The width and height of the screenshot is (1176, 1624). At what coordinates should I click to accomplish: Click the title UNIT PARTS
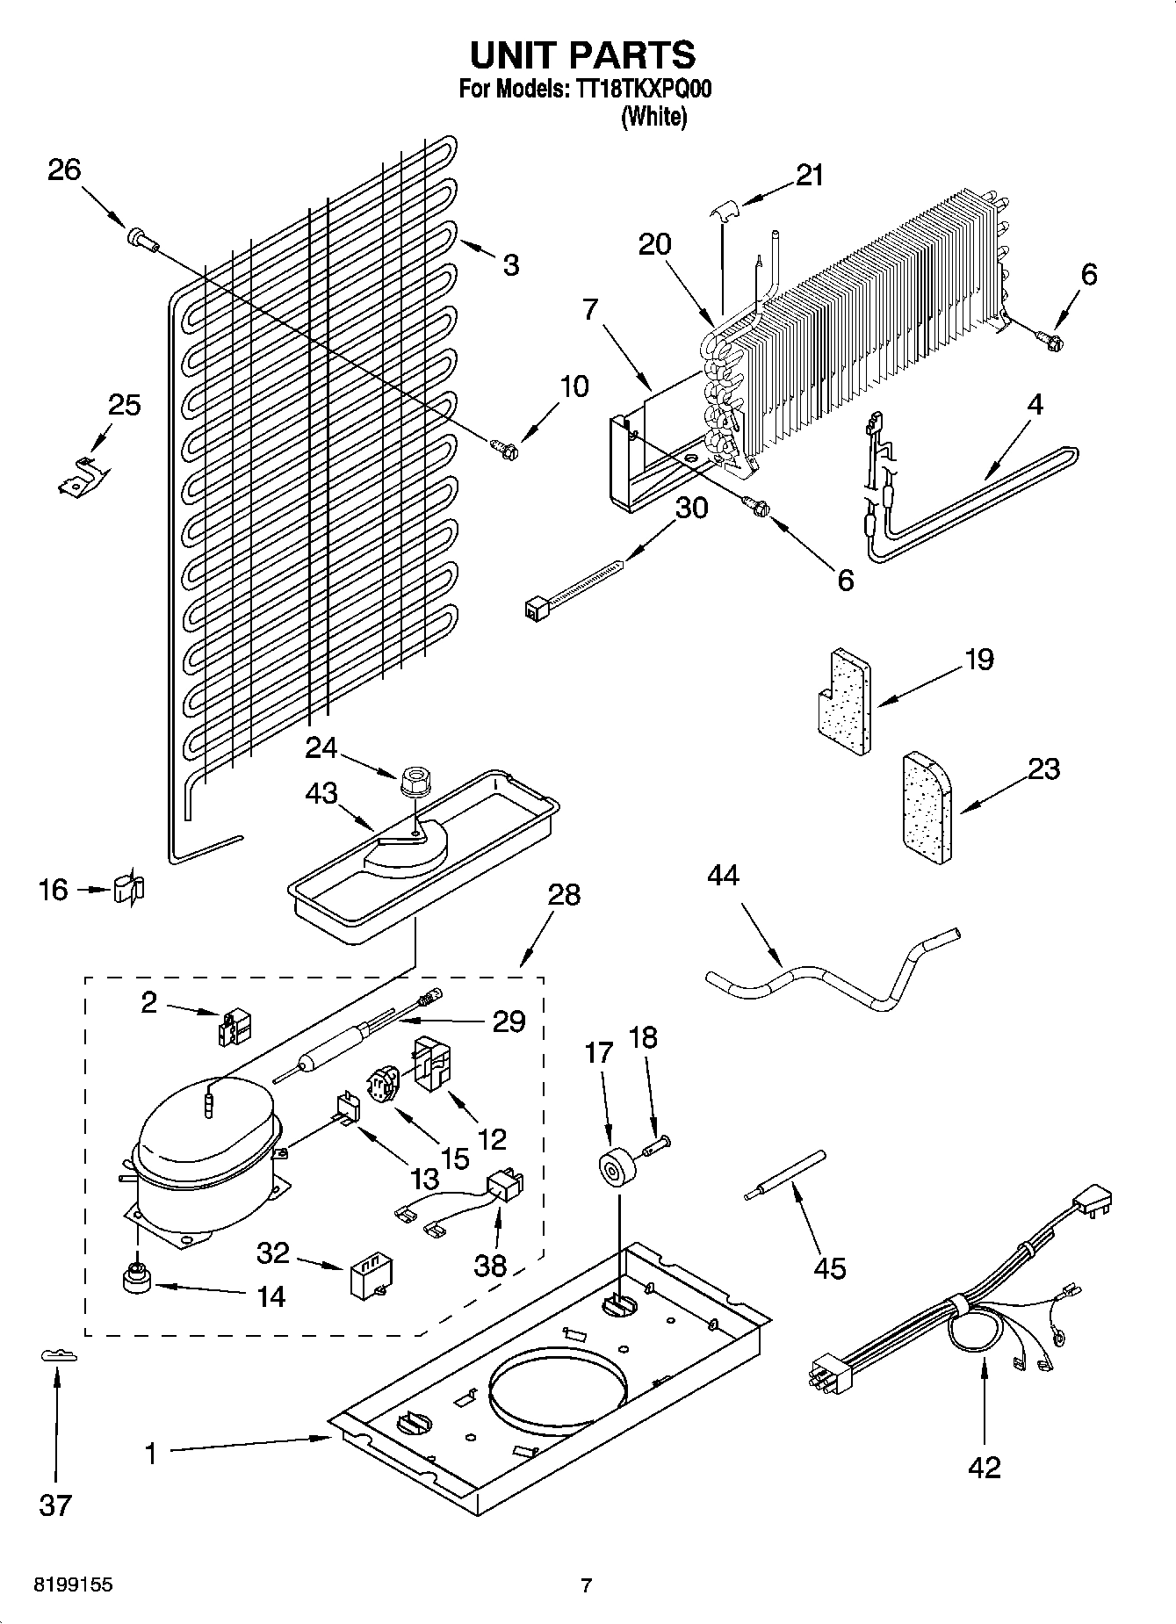click(582, 55)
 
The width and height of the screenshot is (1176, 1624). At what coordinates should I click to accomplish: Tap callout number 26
click(64, 170)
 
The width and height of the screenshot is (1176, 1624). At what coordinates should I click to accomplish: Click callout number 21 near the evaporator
click(810, 176)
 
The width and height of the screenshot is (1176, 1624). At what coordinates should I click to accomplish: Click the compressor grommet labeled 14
click(136, 1279)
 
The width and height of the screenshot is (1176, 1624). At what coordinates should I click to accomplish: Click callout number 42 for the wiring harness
click(984, 1467)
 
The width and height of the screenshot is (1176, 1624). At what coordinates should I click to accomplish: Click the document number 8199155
click(73, 1585)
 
